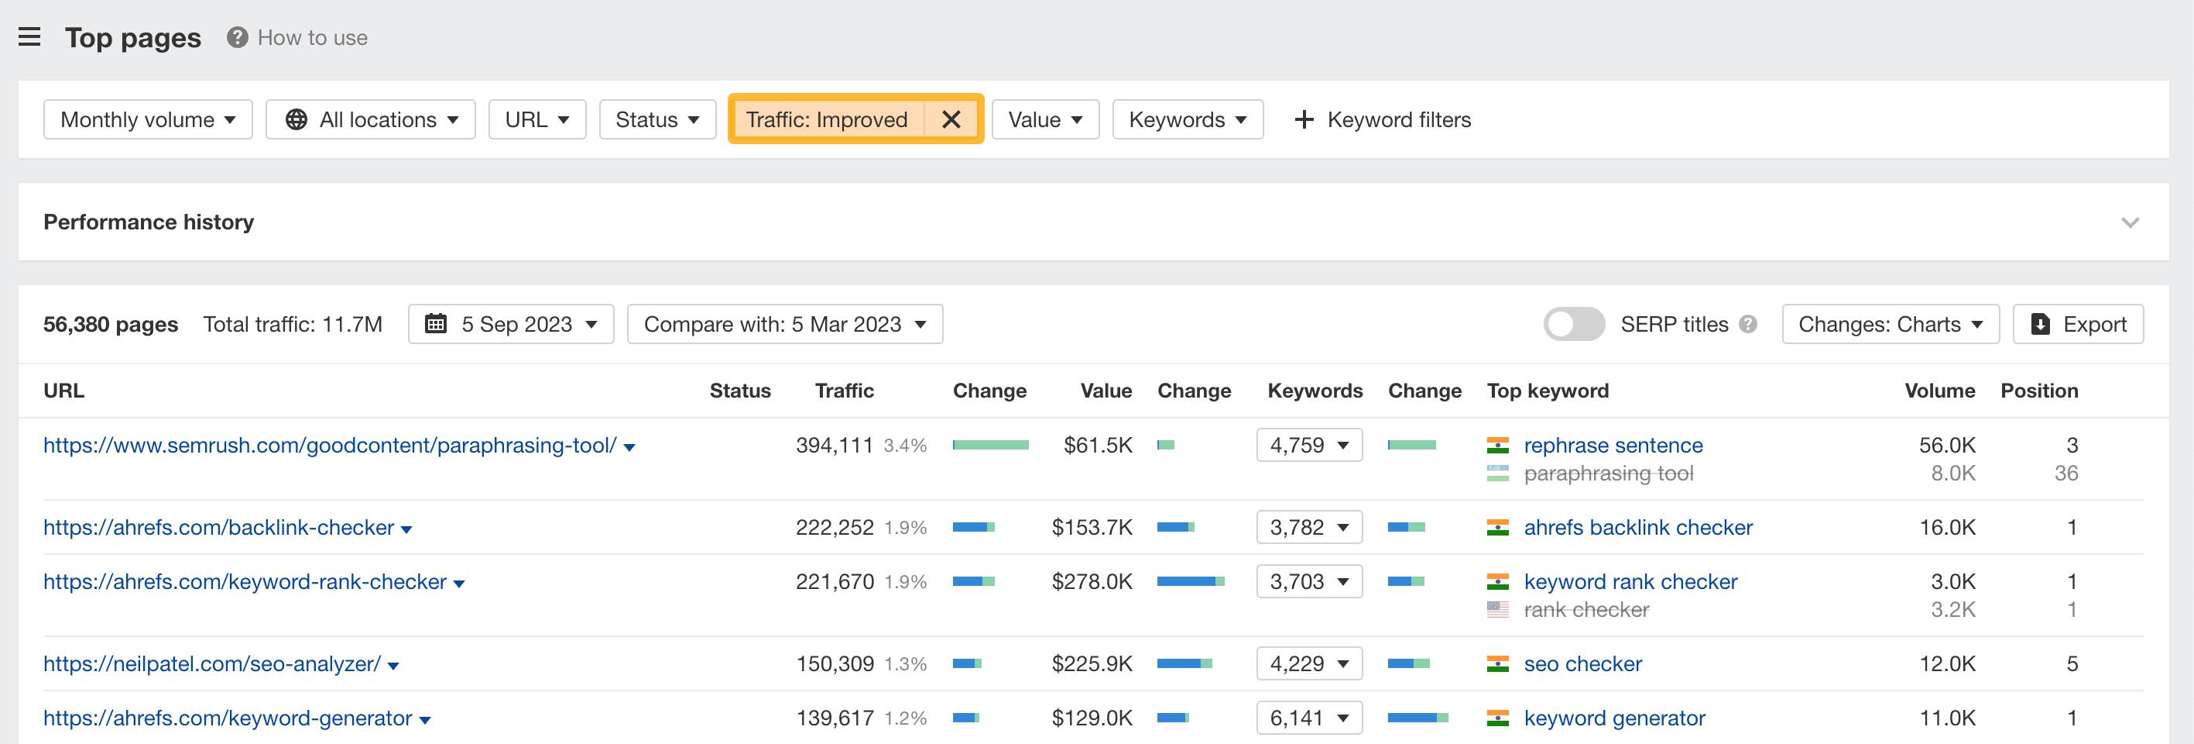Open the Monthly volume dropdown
coord(147,119)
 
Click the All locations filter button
coord(371,119)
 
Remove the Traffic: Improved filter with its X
coord(951,119)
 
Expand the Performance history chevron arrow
coord(2129,222)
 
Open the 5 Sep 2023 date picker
coord(511,325)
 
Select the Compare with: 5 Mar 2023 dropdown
coord(784,325)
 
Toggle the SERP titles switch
coord(1573,325)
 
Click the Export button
coord(2077,325)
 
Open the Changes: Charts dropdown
coord(1890,325)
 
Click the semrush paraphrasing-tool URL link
coord(330,445)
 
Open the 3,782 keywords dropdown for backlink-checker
coord(1308,528)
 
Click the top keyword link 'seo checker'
coord(1582,664)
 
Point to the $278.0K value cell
coord(1091,582)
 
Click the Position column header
coord(2038,391)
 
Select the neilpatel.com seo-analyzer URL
coord(212,664)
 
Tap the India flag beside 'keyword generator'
coord(1497,718)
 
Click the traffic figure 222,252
coord(834,528)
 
